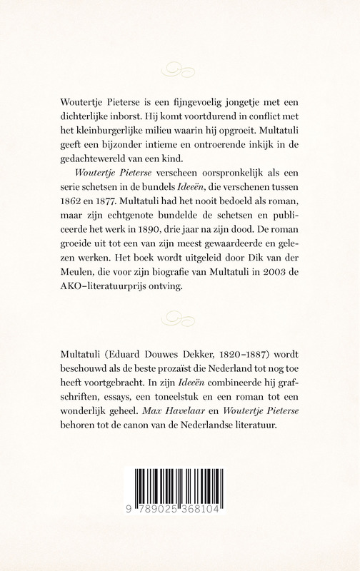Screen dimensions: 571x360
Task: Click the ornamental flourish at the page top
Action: (180, 69)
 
